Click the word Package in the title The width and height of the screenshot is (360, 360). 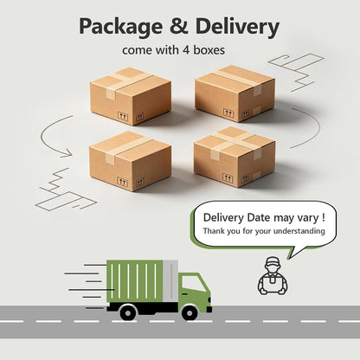click(120, 27)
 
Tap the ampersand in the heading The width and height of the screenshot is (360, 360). click(179, 26)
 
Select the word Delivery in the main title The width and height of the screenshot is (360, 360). click(237, 27)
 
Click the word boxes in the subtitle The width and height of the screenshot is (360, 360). click(209, 50)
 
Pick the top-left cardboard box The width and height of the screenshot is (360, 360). click(131, 96)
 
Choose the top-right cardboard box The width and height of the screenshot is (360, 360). click(235, 93)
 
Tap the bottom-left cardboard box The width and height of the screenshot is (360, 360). click(131, 161)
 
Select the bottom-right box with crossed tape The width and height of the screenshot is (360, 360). click(235, 157)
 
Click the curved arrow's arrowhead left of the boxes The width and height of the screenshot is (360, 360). click(67, 153)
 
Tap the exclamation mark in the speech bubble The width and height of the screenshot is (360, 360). click(324, 217)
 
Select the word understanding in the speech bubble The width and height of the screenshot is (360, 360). click(299, 231)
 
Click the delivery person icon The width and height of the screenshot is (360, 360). click(273, 276)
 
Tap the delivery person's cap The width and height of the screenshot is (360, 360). click(273, 261)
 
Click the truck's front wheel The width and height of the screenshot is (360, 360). click(190, 313)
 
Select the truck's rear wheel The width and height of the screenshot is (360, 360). click(128, 312)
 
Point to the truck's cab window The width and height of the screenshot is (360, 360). click(194, 284)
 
